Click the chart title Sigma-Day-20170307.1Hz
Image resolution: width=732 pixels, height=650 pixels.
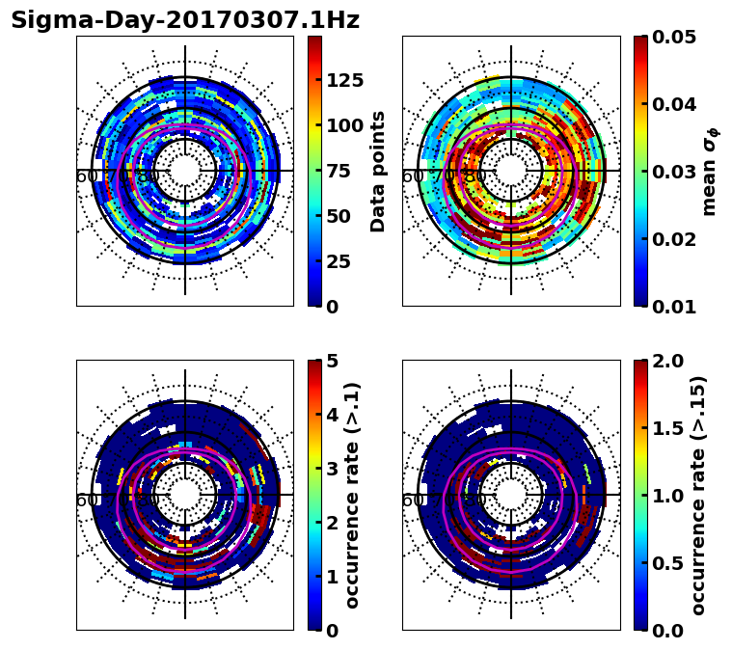click(185, 20)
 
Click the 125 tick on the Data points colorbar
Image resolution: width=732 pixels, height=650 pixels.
click(345, 80)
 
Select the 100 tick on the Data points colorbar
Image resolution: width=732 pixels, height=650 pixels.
click(345, 125)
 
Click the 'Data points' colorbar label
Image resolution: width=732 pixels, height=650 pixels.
click(378, 171)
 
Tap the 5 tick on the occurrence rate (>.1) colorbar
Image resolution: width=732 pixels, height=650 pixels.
click(333, 361)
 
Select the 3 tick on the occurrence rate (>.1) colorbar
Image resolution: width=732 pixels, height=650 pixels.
click(333, 469)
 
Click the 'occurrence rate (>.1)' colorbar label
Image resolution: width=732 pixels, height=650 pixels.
click(353, 496)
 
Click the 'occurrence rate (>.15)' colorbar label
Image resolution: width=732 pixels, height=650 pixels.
click(699, 496)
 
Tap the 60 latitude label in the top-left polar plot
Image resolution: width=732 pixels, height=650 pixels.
click(86, 176)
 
